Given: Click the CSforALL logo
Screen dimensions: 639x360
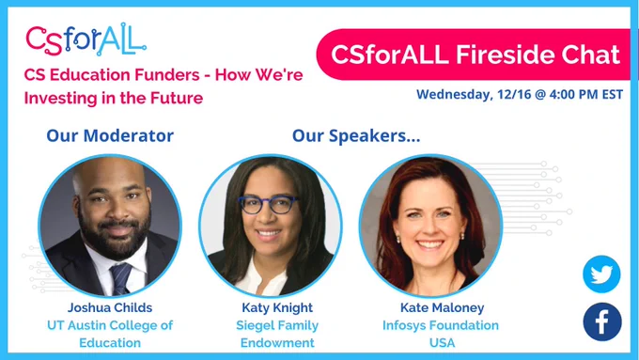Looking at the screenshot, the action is click(86, 39).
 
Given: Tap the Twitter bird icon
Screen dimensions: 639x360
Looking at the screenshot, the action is click(601, 274).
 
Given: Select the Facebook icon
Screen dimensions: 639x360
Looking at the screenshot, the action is click(602, 321).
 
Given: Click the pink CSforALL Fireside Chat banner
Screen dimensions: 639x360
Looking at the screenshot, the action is click(473, 55).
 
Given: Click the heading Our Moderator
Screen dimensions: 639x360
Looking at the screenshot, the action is click(110, 135).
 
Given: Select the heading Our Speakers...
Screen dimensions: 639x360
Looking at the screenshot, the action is click(356, 135).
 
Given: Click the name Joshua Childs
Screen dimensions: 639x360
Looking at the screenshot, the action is click(110, 307).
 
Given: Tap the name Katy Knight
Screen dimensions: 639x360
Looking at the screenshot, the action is click(277, 307).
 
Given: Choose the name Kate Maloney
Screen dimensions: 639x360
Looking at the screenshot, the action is click(443, 307).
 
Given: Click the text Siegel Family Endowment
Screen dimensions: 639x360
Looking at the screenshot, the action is click(277, 334).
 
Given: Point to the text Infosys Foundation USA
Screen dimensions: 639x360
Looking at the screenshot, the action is click(441, 334).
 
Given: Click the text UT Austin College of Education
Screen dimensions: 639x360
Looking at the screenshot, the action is click(110, 334).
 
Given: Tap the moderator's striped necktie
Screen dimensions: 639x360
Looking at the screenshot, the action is click(120, 278).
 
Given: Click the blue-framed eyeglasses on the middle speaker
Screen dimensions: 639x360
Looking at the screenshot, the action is click(269, 204).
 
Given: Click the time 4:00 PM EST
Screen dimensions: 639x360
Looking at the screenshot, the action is click(586, 95).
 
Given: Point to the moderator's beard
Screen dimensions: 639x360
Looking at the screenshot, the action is click(114, 234).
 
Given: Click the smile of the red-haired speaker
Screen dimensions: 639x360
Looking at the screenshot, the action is click(430, 245).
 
